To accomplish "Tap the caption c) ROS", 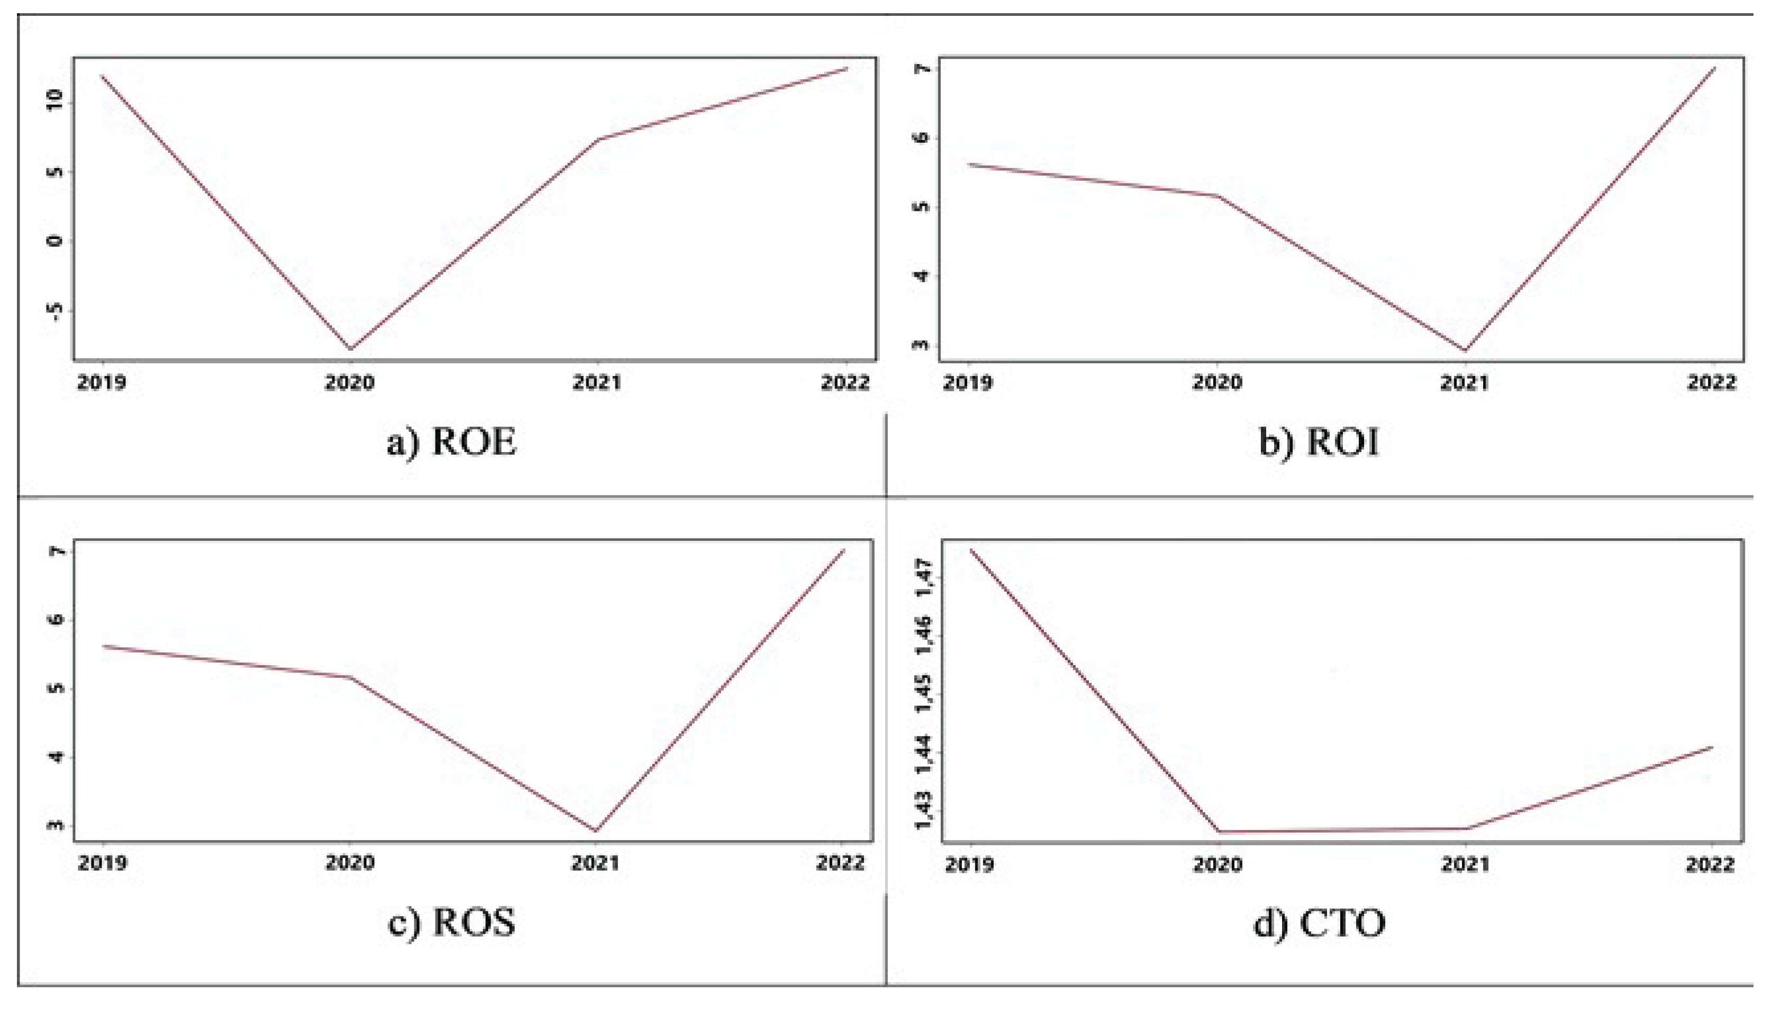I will (452, 922).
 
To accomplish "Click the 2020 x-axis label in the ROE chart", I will (350, 382).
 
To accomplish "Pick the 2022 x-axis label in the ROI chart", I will (1712, 382).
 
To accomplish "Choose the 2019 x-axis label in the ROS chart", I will (102, 863).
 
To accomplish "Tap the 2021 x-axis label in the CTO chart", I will (1465, 864).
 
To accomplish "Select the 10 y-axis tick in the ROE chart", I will (55, 102).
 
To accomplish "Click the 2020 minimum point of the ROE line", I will (350, 349).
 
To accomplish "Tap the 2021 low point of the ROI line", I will (1465, 351).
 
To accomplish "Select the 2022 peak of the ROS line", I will (843, 550).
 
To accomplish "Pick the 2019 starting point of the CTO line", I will (971, 550).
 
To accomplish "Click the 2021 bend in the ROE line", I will (598, 140).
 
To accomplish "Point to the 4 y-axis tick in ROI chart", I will (923, 276).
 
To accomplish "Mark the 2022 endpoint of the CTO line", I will (1712, 747).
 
